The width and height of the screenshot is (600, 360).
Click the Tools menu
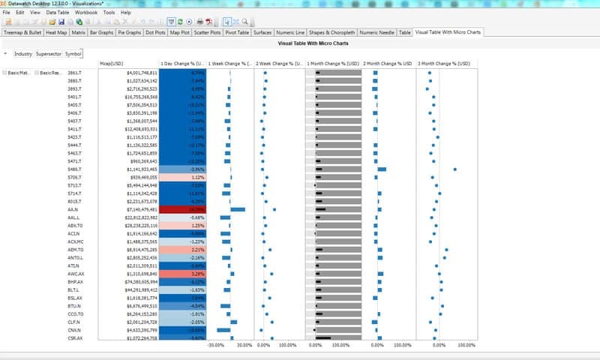(109, 13)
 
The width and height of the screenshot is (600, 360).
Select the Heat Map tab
(55, 33)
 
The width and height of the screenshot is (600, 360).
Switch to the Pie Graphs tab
(130, 33)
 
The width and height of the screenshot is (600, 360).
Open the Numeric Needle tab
(376, 33)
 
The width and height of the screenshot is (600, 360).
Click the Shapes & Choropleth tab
(331, 33)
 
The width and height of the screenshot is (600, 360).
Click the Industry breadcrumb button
(23, 54)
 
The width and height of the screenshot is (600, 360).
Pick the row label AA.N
(73, 209)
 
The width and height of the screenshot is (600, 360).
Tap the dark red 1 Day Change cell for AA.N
(181, 209)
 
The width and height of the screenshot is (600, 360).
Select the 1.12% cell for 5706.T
(181, 177)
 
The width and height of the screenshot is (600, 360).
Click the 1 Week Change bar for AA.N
(238, 209)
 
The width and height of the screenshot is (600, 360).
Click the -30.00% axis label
(217, 346)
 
